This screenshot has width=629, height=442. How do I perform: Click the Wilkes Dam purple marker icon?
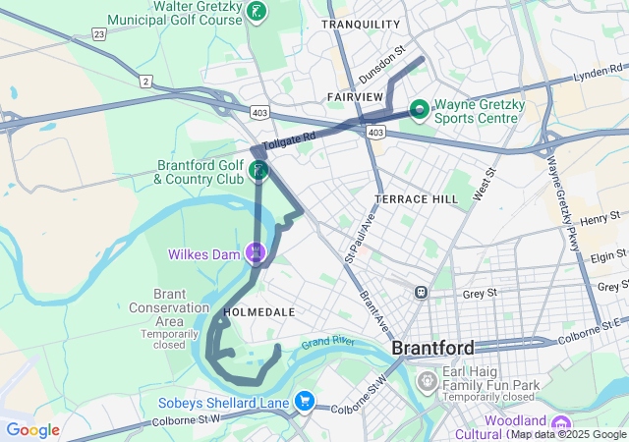point(257,253)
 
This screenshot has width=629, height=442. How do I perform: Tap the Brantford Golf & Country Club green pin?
point(258,171)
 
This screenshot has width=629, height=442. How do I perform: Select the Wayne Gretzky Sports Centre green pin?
point(418,108)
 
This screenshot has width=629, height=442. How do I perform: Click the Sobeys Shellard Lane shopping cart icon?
point(305,401)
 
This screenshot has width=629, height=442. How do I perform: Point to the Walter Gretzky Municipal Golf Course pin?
point(257,12)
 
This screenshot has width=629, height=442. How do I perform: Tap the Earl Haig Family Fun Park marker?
point(428,378)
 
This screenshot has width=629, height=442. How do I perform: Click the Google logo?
point(32,430)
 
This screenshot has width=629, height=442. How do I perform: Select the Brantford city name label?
point(432,348)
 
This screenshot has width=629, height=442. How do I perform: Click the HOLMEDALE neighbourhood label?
point(258,311)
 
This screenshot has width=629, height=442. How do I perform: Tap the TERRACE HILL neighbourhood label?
point(416,198)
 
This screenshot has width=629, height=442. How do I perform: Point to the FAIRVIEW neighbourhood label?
point(355,96)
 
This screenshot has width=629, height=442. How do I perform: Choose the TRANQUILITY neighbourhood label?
point(361,24)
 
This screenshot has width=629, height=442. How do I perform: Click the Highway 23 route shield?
point(99,32)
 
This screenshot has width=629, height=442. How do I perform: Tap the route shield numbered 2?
point(145,82)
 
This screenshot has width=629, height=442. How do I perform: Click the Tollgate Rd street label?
point(289,142)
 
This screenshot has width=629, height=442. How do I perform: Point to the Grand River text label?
point(328,343)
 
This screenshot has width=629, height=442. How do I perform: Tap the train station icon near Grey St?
point(421,292)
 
